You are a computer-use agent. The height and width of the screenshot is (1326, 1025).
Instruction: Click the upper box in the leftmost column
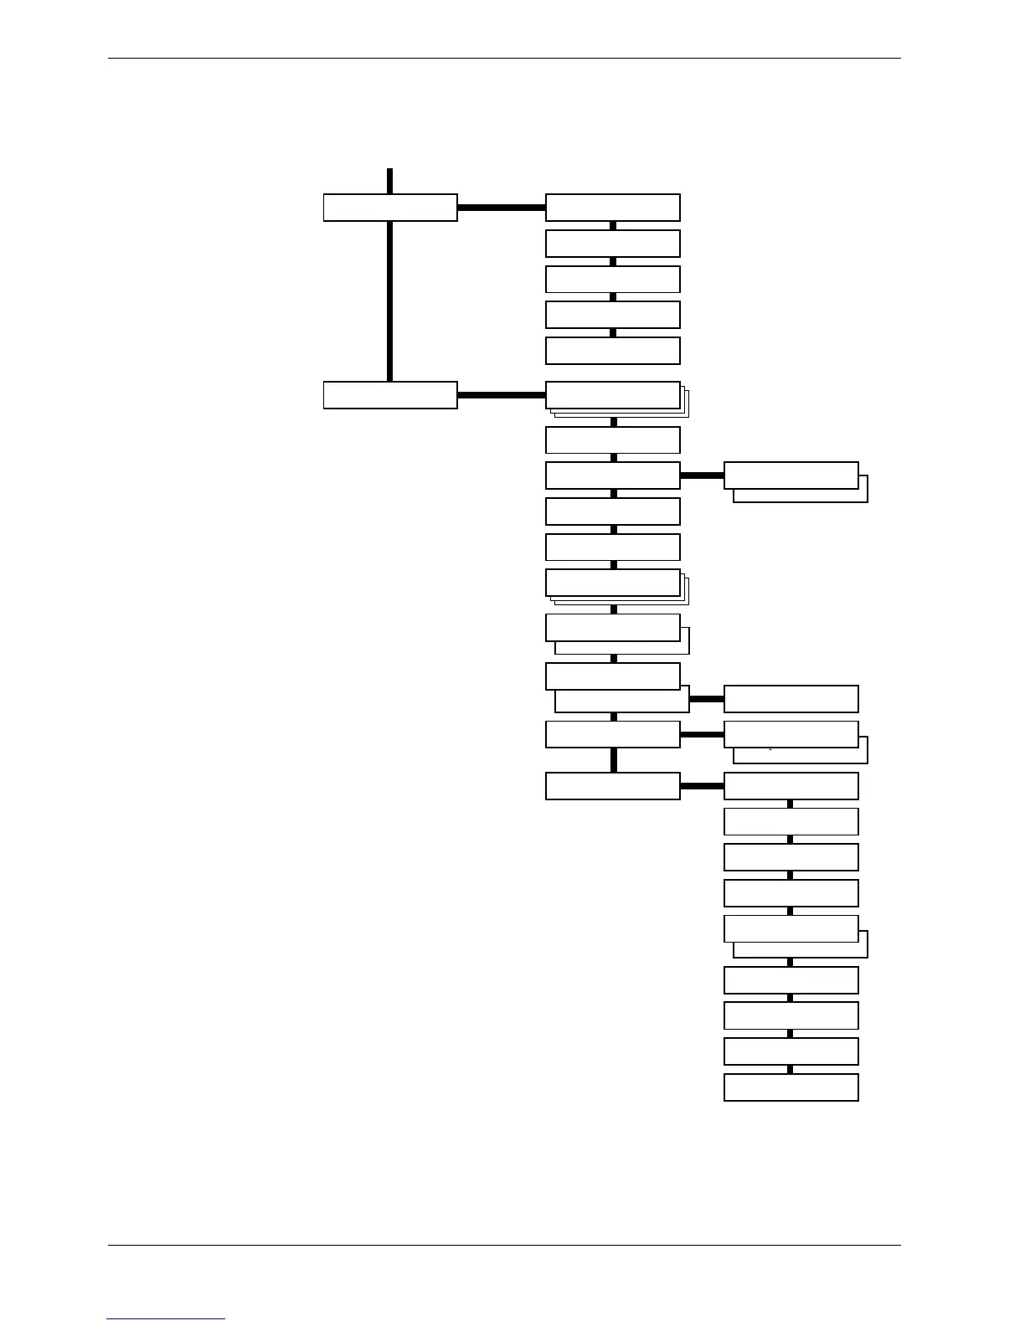tap(390, 208)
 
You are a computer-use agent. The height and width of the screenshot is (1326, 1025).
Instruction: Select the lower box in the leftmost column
tap(390, 395)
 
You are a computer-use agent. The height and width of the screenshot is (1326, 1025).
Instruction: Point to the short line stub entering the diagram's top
tap(390, 181)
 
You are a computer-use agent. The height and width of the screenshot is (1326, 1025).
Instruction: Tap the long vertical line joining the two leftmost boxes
tap(390, 301)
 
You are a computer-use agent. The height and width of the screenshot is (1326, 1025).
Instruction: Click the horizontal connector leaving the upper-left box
tap(501, 208)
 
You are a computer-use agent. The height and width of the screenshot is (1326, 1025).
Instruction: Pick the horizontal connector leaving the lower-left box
tap(501, 395)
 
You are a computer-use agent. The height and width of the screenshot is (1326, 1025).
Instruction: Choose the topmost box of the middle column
tap(612, 208)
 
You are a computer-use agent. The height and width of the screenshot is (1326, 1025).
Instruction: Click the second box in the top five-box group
tap(612, 244)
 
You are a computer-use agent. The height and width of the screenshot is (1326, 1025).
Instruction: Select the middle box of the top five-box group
tap(612, 280)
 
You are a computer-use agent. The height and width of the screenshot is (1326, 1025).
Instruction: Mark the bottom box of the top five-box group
tap(612, 351)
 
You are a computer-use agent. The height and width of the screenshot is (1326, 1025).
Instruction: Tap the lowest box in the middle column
tap(612, 786)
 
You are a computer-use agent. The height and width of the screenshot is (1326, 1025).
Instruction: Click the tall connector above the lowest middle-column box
tap(614, 760)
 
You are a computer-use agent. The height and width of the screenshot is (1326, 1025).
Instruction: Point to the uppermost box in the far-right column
tap(791, 475)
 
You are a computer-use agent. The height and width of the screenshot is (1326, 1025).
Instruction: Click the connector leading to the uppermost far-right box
tap(702, 475)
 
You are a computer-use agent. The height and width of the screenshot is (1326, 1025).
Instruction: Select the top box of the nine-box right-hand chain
tap(791, 786)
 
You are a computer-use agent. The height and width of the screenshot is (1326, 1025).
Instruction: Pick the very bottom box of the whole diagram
tap(791, 1087)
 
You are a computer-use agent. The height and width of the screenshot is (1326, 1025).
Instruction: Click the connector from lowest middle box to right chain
tap(702, 786)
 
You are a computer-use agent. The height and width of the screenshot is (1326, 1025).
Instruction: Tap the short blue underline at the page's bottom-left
tap(166, 1319)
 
